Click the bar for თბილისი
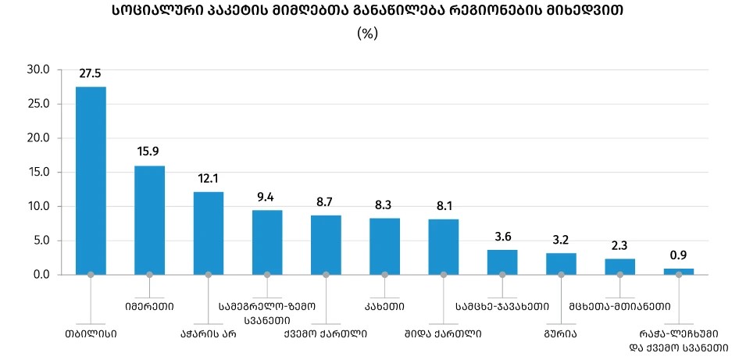click(x=91, y=180)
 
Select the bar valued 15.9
click(x=149, y=219)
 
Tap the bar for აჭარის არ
click(x=209, y=233)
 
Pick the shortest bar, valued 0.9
click(x=679, y=271)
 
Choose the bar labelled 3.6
click(x=502, y=262)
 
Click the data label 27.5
click(x=91, y=74)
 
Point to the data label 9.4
click(x=267, y=197)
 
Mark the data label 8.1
click(x=444, y=206)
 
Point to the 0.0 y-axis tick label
click(x=41, y=275)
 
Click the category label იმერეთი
click(x=149, y=306)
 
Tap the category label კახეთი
click(x=384, y=306)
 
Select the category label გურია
click(x=561, y=333)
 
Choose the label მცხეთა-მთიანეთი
click(x=620, y=306)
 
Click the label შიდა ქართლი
click(x=443, y=333)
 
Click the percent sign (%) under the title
click(x=367, y=34)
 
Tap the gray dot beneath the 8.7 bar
click(x=326, y=274)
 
